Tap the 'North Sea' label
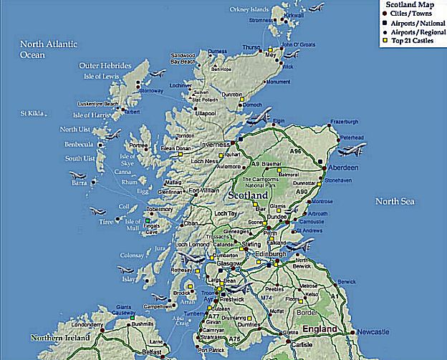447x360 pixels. coord(395,202)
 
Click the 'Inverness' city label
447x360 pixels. coord(214,143)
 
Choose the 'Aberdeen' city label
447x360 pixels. coord(344,167)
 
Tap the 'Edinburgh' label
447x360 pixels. coord(270,254)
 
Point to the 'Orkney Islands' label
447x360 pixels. coord(250,9)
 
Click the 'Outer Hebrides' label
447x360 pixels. coord(105,65)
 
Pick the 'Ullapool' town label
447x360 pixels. coord(206,113)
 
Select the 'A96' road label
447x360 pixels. coord(295,151)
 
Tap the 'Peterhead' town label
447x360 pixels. coord(352,137)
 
